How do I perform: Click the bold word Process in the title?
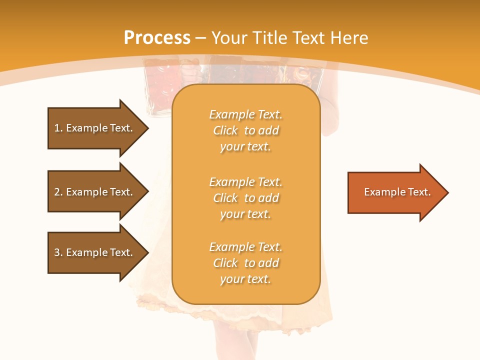(x=157, y=38)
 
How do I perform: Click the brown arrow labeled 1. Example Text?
(x=95, y=128)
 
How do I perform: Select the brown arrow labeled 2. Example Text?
(x=95, y=192)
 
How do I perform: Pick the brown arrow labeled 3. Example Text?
(x=95, y=252)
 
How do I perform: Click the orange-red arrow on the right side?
(x=395, y=192)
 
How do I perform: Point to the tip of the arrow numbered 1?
(x=147, y=128)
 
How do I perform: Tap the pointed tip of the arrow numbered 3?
(x=147, y=252)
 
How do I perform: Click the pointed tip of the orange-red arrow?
(x=447, y=192)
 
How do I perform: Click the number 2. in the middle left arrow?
(x=58, y=192)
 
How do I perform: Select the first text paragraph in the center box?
(x=245, y=130)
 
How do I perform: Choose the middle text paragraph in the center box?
(x=245, y=198)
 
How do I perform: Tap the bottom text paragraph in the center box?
(x=245, y=263)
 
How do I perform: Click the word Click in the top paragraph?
(x=225, y=130)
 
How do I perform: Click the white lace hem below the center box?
(x=250, y=312)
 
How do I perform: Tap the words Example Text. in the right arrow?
(x=397, y=192)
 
